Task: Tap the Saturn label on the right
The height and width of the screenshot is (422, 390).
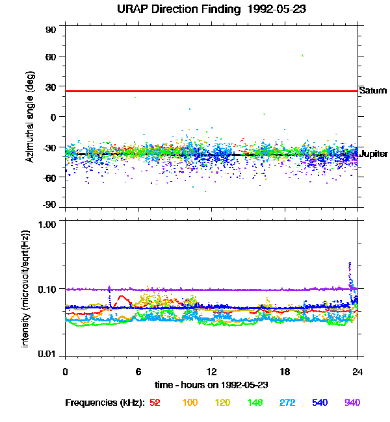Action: pos(373,91)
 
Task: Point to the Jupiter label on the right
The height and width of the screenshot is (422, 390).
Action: pos(374,154)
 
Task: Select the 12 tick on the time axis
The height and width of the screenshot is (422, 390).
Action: pos(211,371)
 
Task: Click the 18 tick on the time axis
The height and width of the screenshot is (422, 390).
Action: pos(285,371)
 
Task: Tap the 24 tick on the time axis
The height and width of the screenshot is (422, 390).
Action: pos(357,371)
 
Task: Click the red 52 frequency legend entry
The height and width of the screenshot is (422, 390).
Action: pos(155,403)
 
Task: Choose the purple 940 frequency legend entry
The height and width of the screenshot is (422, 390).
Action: pos(352,403)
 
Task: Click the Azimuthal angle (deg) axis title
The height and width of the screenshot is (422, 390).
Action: pos(29,117)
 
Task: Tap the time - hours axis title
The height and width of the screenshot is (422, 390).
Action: pos(211,385)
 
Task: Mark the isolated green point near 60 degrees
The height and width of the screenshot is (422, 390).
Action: pos(302,56)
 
